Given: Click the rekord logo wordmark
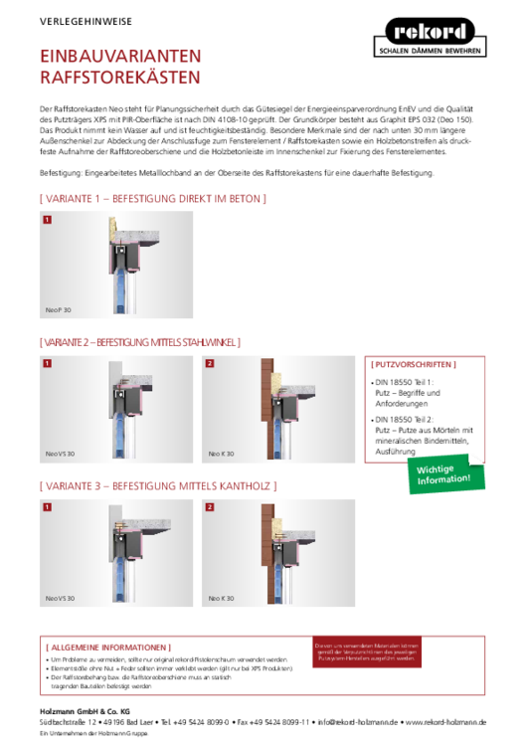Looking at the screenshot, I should [430, 32].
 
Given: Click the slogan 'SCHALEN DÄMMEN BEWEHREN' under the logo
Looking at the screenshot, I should [430, 49].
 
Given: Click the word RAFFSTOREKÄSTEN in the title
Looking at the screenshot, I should [119, 77].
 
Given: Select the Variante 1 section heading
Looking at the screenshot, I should [152, 199].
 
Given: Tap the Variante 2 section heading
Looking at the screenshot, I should [139, 342].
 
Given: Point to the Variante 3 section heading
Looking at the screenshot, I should [157, 485].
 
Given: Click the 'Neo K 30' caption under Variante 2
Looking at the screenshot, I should [221, 453].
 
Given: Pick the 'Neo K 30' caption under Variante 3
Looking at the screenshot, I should [221, 598].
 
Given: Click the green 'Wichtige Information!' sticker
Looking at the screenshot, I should [445, 474].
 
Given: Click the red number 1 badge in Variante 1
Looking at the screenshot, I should [47, 219].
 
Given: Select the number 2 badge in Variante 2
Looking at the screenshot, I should [210, 363].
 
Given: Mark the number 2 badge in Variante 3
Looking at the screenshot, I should [210, 507].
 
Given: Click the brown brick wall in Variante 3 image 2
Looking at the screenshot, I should [266, 542].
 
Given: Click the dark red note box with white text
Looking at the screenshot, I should [366, 652].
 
